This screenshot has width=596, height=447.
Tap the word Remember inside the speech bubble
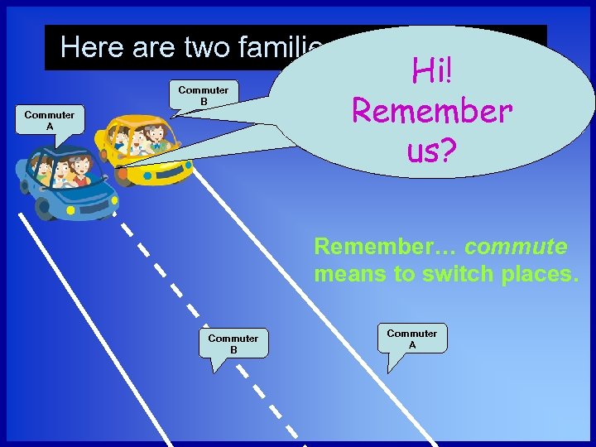[432, 110]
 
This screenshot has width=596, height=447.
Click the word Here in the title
[91, 47]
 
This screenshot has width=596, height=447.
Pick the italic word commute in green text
[516, 247]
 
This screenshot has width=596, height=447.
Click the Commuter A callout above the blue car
[49, 121]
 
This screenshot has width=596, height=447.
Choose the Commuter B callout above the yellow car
[203, 95]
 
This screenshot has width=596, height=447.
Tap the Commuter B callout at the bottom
[233, 344]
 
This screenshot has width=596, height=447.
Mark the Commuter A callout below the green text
[411, 338]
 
